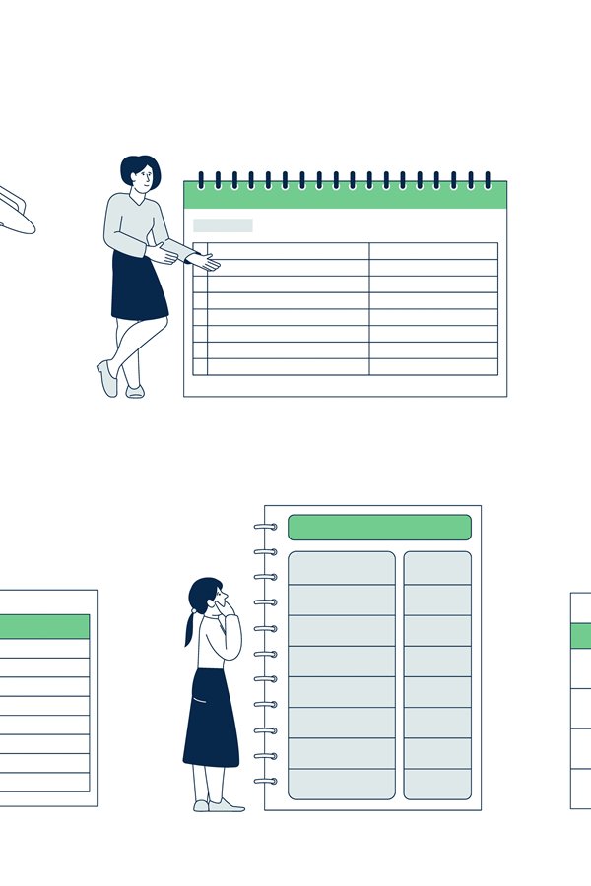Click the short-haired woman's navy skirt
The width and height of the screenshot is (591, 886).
pos(138,287)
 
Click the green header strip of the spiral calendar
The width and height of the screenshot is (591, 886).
pos(345,196)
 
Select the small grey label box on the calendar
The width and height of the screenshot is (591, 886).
pos(223,225)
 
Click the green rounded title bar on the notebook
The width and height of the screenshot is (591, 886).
pos(379,527)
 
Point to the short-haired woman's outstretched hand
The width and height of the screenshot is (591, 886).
pos(204,262)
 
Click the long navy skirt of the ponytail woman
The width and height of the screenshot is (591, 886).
pos(210,719)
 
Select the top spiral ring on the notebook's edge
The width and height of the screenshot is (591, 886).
pos(264,527)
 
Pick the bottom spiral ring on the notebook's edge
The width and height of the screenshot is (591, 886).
pos(264,781)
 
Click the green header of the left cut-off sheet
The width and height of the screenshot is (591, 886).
pos(44,626)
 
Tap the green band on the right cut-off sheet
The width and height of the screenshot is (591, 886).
pos(581,635)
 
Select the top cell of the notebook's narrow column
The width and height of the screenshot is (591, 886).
pos(437,568)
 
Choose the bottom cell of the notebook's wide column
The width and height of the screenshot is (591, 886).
pos(341,784)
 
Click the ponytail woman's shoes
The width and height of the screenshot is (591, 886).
pos(219,805)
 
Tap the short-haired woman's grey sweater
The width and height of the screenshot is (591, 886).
pos(128,221)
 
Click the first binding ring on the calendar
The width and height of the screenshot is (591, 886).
pos(201,179)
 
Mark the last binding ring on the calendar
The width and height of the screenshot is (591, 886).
pos(488,179)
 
